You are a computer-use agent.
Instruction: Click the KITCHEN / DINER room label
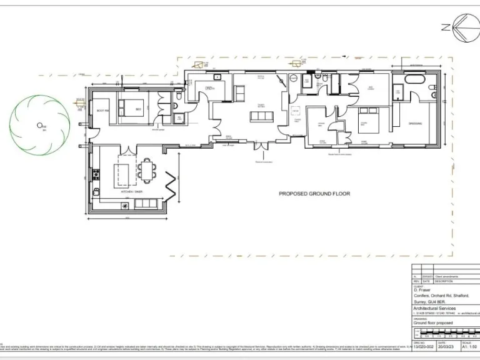[x=130, y=191]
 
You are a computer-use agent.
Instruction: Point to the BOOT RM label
[x=102, y=111]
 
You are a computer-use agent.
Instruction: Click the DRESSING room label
[x=415, y=123]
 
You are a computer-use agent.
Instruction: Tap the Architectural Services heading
[x=434, y=308]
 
